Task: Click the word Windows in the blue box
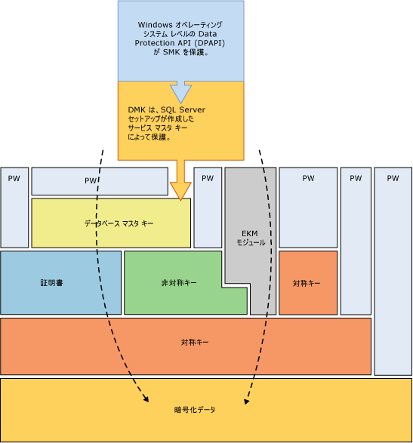153,25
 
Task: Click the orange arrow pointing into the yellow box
180,181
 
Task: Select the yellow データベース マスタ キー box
111,223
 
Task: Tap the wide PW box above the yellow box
99,181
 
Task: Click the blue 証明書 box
60,283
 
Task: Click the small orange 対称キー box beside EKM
307,283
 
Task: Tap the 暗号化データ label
195,409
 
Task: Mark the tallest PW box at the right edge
392,272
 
